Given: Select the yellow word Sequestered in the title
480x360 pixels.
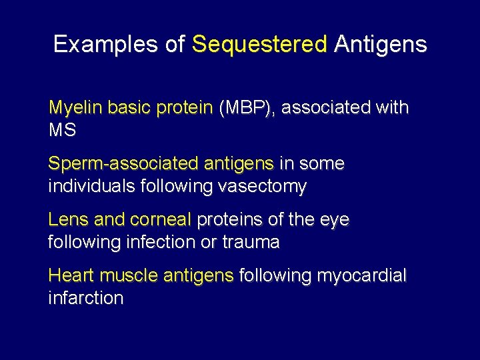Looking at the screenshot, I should click(260, 45).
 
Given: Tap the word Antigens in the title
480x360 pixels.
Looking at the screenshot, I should click(381, 45).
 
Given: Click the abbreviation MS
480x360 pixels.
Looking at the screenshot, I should click(62, 130).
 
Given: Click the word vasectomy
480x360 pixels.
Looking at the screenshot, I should click(262, 186).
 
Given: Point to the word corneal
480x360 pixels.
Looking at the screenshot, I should click(161, 220).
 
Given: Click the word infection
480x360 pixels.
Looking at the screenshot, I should click(164, 242).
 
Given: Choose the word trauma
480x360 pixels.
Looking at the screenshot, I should click(251, 242).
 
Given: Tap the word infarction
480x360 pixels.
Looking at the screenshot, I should click(86, 298).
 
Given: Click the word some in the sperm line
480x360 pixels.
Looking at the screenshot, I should click(322, 164).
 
